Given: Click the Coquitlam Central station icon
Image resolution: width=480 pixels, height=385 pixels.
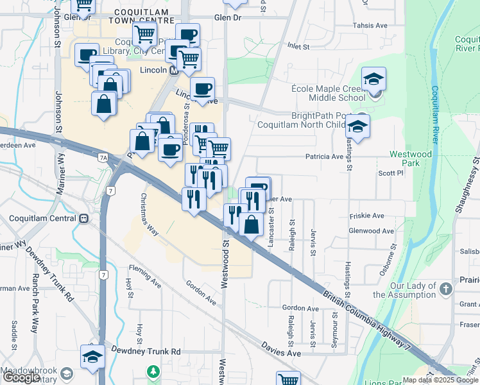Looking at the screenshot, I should (84, 218).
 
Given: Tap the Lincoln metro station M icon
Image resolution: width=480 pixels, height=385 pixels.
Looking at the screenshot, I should (174, 71).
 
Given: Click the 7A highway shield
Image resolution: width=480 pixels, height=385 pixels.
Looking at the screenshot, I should (103, 157).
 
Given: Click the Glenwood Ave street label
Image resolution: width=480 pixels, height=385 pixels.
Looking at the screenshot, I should (371, 231).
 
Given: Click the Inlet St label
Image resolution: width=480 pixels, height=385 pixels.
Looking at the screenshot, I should (298, 46).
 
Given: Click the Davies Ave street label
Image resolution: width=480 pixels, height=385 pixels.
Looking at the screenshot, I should (280, 349).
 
